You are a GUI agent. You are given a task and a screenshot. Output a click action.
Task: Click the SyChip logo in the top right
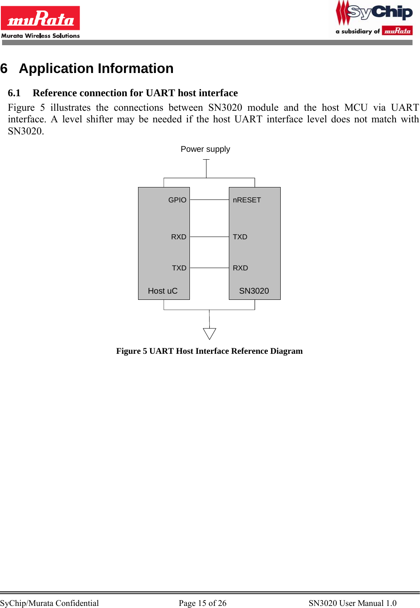pos(374,18)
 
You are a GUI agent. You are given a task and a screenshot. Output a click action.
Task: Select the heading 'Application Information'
pos(96,68)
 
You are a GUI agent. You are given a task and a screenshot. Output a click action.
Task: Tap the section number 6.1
pos(14,93)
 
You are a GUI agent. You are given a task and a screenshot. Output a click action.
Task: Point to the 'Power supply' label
pos(205,149)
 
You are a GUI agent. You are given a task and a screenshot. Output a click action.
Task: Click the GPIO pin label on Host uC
pos(177,200)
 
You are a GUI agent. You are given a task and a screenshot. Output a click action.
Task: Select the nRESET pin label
pos(247,200)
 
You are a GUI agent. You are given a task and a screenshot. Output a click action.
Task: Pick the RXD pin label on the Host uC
pos(179,237)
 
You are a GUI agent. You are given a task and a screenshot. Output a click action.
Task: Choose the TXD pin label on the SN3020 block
pos(240,237)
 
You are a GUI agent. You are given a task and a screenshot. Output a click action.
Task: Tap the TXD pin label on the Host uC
pos(179,268)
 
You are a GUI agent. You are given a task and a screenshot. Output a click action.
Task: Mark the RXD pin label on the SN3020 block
pos(240,268)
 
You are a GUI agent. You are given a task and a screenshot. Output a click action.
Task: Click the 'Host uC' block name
pos(163,291)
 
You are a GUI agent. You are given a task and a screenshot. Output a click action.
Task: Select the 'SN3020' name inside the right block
pos(254,291)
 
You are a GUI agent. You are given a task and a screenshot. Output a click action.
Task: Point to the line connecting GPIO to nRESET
pos(209,200)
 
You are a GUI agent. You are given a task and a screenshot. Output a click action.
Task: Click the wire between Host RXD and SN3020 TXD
pos(209,237)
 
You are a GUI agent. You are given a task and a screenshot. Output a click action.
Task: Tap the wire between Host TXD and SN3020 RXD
pos(209,268)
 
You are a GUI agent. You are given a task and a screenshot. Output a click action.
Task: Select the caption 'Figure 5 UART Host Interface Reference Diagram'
pos(209,351)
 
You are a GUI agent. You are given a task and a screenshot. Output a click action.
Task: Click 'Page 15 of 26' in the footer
pos(202,603)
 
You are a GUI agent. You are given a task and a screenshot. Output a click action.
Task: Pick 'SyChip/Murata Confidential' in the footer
pos(49,603)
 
